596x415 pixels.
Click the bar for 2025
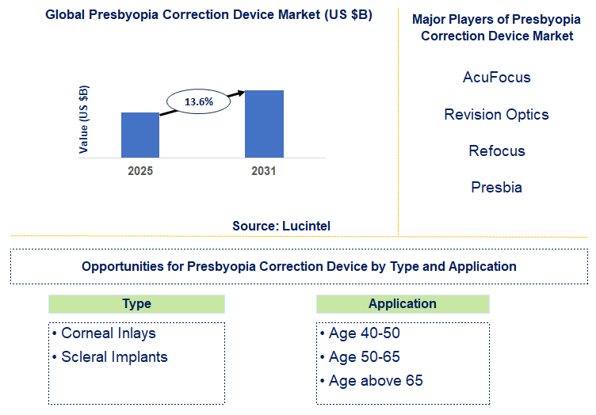[140, 135]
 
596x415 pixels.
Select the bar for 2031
[264, 124]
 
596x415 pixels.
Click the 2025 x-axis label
[140, 171]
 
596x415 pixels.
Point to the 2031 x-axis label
[263, 171]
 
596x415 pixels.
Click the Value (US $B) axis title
[84, 118]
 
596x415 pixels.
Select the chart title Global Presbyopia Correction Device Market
[198, 15]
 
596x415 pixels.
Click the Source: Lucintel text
[281, 226]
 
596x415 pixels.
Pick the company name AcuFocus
[496, 78]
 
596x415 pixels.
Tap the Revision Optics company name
[496, 114]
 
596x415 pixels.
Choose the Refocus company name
[496, 150]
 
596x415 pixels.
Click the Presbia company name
[496, 188]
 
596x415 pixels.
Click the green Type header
[136, 304]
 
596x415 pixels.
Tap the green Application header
[403, 304]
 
